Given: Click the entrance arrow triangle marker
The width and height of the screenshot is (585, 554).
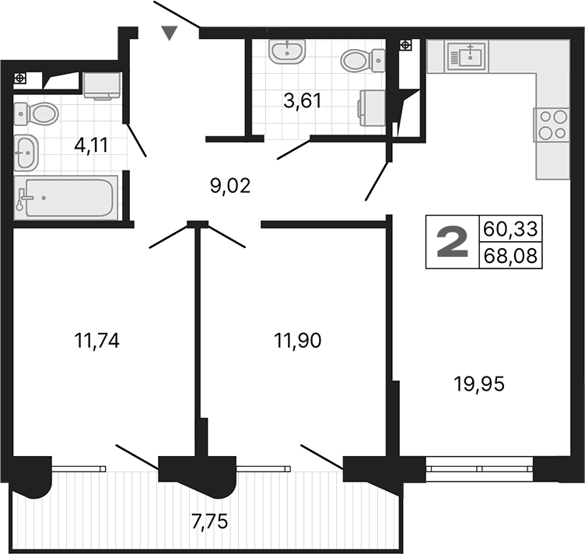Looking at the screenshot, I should pyautogui.click(x=170, y=33).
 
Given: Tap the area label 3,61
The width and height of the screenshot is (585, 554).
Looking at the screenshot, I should pyautogui.click(x=302, y=100).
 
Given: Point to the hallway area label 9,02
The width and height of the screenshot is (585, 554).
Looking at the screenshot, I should pyautogui.click(x=230, y=187).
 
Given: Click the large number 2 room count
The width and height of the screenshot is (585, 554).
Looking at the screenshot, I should pyautogui.click(x=452, y=242).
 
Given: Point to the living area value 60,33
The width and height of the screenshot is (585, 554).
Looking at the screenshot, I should pyautogui.click(x=511, y=230).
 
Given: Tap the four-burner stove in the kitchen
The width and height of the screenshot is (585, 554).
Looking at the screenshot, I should pyautogui.click(x=551, y=124).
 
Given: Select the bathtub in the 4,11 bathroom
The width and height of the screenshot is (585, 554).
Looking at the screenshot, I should pyautogui.click(x=66, y=198).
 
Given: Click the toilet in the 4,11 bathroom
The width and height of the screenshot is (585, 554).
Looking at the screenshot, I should pyautogui.click(x=37, y=114).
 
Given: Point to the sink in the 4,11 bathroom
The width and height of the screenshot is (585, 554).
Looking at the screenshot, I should pyautogui.click(x=26, y=153).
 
